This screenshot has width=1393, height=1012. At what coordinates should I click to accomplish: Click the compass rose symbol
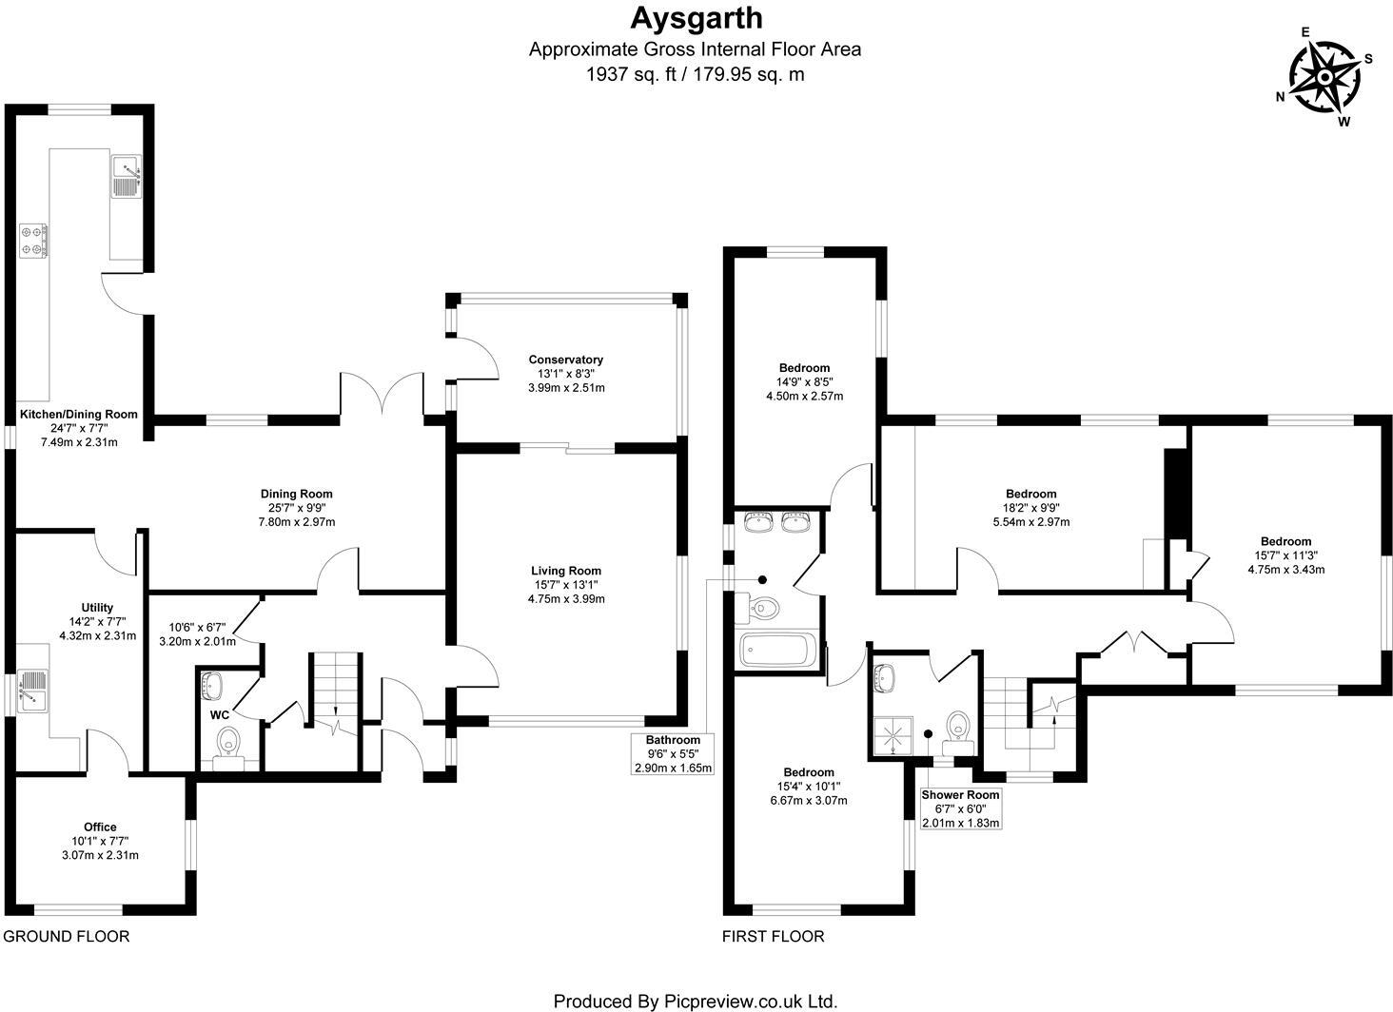pos(1324,77)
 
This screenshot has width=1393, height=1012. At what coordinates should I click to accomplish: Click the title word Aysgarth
pos(696,18)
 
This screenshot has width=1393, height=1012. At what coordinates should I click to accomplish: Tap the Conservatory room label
pos(566,360)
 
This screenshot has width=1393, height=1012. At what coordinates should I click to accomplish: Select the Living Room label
pos(566,571)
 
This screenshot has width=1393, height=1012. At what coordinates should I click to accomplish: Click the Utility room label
pos(97,608)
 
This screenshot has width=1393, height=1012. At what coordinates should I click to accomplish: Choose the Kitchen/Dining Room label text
pos(79,415)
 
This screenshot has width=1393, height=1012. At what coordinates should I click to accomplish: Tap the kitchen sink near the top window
pos(127,174)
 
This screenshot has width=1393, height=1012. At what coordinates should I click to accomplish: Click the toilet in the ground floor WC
pos(228,741)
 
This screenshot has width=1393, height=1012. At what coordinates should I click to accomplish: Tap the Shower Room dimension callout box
pos(960,808)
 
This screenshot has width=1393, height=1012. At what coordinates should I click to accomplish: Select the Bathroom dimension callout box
pos(673,753)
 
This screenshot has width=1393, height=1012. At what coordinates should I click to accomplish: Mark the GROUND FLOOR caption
pos(66,936)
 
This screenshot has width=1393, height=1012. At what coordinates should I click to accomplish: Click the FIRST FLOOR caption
pos(773,936)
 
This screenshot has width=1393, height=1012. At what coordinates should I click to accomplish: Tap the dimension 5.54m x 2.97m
pos(1031,522)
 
